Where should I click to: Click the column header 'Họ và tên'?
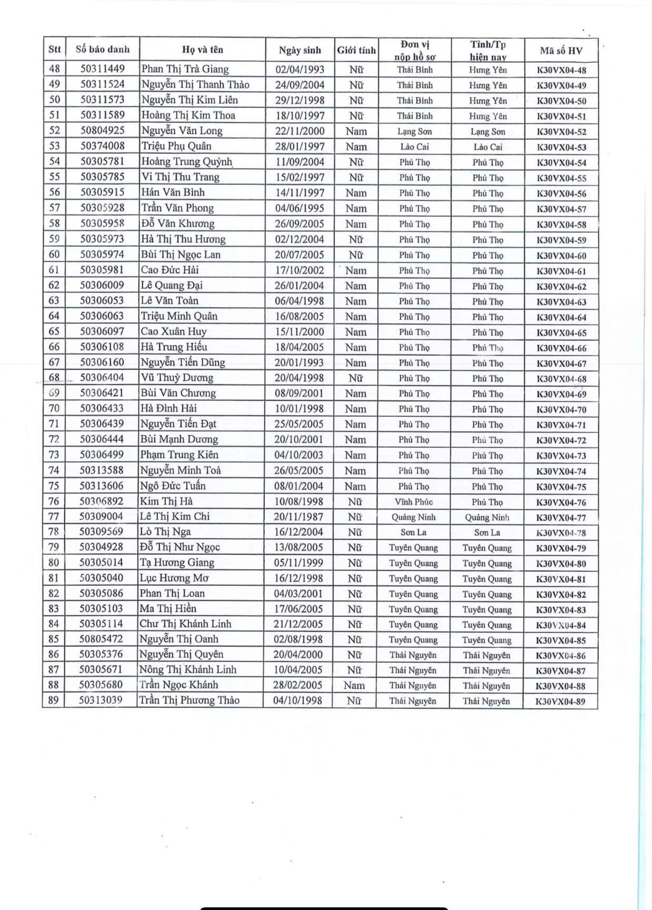pos(202,50)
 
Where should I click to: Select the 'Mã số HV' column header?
pos(561,51)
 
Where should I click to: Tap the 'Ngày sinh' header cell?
pos(300,51)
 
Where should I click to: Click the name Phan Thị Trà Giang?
pos(185,69)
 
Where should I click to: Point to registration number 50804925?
pos(102,131)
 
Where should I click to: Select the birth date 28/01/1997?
pos(300,146)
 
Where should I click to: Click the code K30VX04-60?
pos(561,256)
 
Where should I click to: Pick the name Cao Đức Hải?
pos(170,270)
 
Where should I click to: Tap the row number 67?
pos(54,362)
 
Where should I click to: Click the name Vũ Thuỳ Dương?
pos(177,377)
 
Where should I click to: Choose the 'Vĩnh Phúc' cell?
pos(413,502)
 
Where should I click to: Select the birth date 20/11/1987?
pos(299,517)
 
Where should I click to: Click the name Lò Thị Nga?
pos(165,532)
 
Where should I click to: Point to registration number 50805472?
pos(101,639)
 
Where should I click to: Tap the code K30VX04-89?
pos(560,701)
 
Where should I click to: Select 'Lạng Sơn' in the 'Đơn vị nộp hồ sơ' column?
pos(414,132)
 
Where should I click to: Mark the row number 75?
pos(54,486)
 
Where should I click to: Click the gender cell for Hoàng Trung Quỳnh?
pos(356,162)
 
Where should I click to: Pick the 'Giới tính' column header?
pos(356,51)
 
